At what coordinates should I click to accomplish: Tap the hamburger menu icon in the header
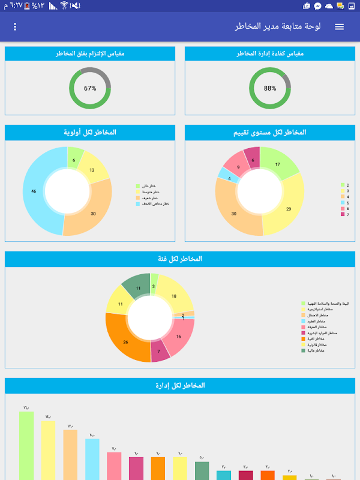click(340, 27)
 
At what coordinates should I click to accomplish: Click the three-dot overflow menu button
click(15, 27)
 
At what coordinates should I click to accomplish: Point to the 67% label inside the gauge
click(90, 88)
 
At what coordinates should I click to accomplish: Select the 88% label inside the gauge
click(270, 88)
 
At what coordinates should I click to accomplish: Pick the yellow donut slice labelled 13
click(92, 170)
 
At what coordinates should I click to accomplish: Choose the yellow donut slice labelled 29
click(288, 208)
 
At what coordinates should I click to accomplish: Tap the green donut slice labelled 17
click(277, 164)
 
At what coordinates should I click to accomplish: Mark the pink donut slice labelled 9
click(238, 168)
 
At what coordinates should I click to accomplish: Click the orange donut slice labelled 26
click(125, 342)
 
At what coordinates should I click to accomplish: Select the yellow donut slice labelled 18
click(173, 296)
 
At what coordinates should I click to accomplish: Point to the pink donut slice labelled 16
click(179, 337)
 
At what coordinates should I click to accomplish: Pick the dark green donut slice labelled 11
click(137, 288)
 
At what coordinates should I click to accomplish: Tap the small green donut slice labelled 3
click(154, 286)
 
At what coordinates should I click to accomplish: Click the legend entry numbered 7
click(344, 214)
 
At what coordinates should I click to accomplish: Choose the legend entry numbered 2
click(344, 185)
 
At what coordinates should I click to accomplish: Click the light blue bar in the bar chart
click(92, 459)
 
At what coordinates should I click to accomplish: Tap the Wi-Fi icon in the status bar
click(64, 6)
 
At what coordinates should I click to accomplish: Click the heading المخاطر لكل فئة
click(180, 259)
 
